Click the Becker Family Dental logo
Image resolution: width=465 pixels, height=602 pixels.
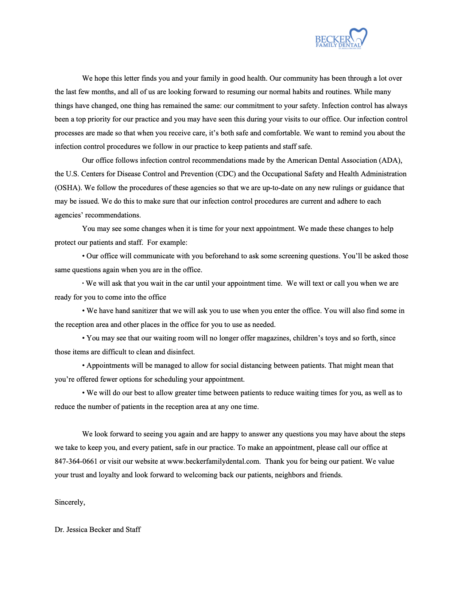coord(341,39)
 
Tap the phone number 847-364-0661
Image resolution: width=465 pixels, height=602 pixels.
coord(76,462)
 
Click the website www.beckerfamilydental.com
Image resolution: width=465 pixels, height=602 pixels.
coord(213,462)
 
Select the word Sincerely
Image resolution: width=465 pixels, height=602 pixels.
coord(70,502)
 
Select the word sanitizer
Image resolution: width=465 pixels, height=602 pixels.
coord(143,311)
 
